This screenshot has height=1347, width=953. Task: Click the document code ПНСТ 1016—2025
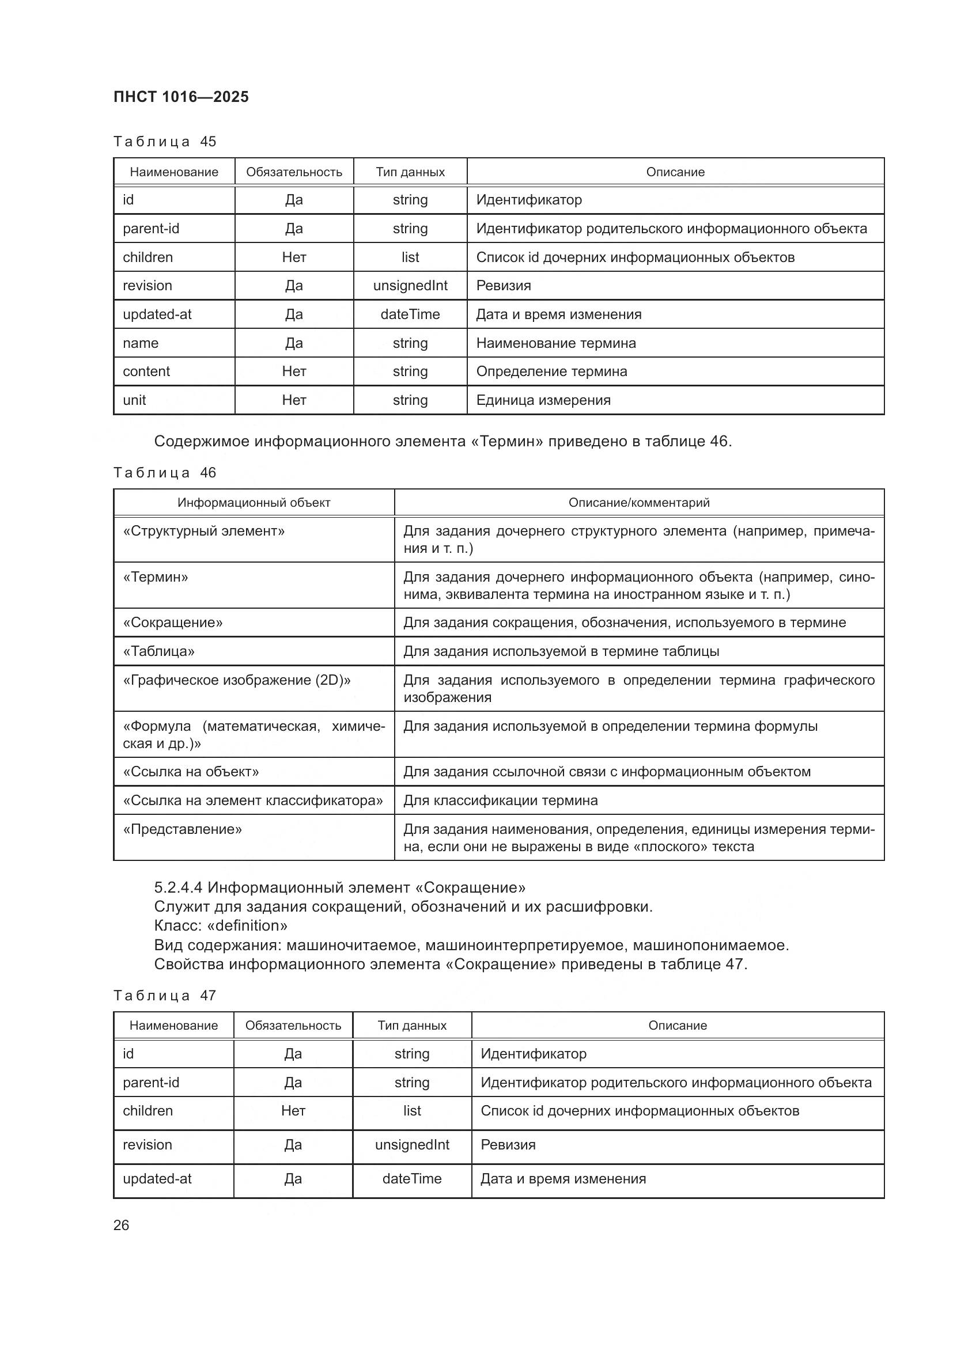tap(181, 97)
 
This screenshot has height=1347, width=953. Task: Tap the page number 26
tap(122, 1225)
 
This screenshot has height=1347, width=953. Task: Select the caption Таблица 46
tap(165, 473)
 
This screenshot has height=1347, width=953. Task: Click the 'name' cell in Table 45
tap(141, 343)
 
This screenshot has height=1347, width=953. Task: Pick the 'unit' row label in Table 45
tap(134, 400)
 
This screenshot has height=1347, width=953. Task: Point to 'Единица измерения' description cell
tap(543, 400)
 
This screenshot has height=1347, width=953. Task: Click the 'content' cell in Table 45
tap(146, 371)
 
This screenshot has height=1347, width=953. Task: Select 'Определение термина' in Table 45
tap(551, 371)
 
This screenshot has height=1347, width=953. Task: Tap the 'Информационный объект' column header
tap(254, 503)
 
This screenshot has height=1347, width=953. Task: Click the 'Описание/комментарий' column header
tap(639, 503)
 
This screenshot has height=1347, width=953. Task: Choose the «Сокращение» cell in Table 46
tap(173, 623)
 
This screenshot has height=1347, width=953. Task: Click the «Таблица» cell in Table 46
tap(159, 651)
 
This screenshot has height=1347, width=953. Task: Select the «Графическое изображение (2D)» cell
tap(237, 681)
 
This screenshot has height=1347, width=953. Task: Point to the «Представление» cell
tap(183, 829)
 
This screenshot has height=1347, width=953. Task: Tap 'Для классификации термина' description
tap(501, 801)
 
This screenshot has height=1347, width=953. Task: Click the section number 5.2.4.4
tap(179, 887)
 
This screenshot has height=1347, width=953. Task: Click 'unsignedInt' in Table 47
tap(412, 1145)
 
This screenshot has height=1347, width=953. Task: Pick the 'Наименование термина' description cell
tap(555, 343)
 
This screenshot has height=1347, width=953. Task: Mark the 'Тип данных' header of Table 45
tap(410, 173)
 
